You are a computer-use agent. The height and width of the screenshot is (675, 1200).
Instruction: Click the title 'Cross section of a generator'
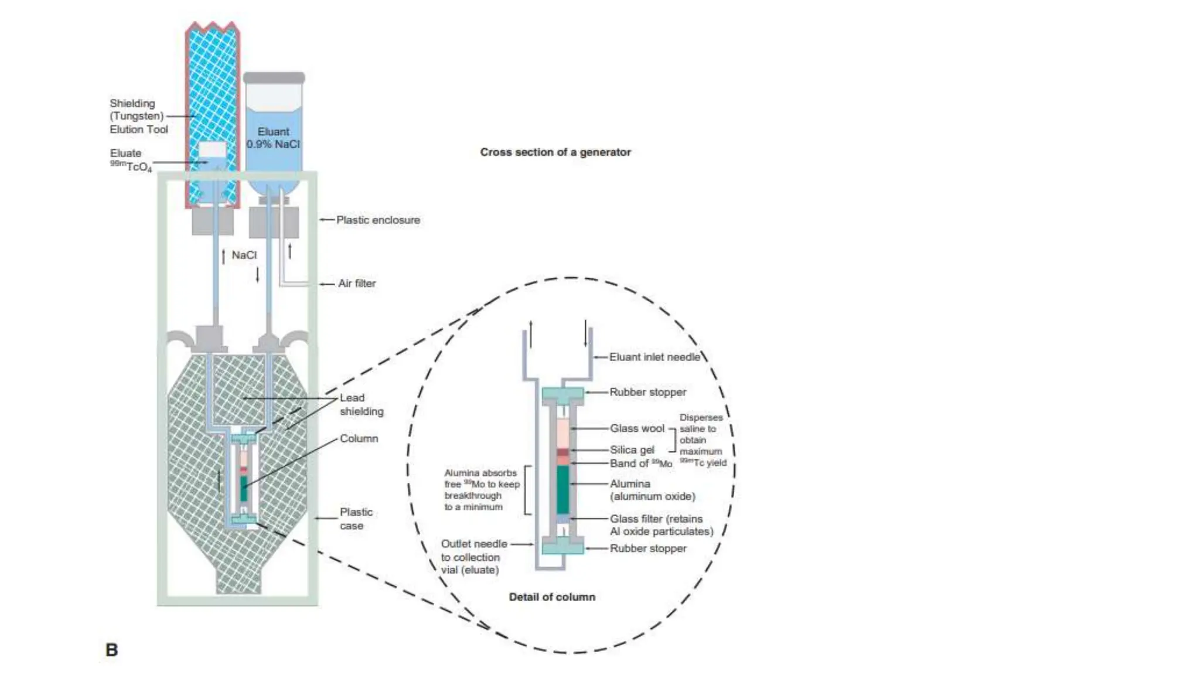coord(555,152)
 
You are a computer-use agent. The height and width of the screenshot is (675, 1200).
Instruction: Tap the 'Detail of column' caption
coord(552,597)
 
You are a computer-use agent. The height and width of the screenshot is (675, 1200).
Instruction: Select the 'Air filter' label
coord(357,284)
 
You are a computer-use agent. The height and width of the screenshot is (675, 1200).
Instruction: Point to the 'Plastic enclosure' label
coord(378,220)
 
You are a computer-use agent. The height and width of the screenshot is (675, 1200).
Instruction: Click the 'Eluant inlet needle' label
coord(654,357)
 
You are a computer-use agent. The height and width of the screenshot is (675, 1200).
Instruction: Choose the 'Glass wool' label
coord(637,428)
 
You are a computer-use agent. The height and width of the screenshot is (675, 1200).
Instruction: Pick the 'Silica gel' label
coord(632,450)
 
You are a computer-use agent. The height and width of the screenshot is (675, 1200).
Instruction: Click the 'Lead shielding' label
coord(361,405)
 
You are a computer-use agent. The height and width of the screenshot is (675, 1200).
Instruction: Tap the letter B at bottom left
coord(111,650)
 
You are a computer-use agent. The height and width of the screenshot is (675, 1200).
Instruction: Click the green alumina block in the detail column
coord(562,490)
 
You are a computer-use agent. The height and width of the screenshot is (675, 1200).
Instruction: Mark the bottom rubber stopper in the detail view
coord(562,548)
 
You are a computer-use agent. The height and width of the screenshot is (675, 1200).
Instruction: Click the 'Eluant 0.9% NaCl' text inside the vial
coord(274,138)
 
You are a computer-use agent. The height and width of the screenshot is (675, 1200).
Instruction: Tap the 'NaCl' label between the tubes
coord(244,255)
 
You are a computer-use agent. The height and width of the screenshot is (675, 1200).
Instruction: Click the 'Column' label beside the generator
coord(359,439)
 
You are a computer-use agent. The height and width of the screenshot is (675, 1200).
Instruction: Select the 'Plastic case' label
coord(356,519)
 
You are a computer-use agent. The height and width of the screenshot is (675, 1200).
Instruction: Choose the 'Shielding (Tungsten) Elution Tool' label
coord(138,117)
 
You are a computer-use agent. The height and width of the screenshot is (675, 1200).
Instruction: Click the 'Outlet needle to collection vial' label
coord(473,557)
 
